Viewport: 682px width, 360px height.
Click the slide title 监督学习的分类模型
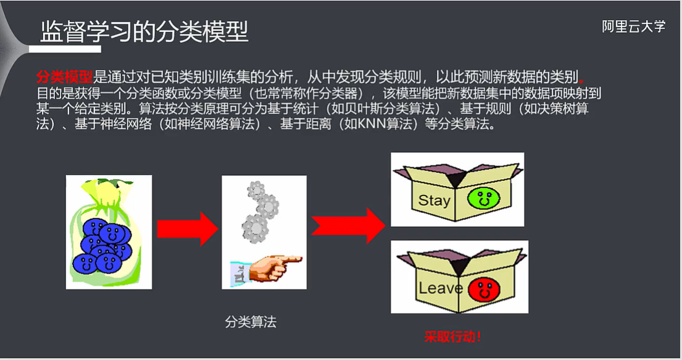(x=144, y=31)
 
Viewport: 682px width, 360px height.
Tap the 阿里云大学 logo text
(x=634, y=27)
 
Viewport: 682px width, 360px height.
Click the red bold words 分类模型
(x=64, y=77)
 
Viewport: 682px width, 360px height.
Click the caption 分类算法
(x=251, y=322)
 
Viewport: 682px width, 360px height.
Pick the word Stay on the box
(x=434, y=200)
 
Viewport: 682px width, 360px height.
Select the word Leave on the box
(x=440, y=288)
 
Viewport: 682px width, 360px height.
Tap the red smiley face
(x=481, y=288)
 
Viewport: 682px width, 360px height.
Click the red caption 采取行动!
(x=452, y=337)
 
